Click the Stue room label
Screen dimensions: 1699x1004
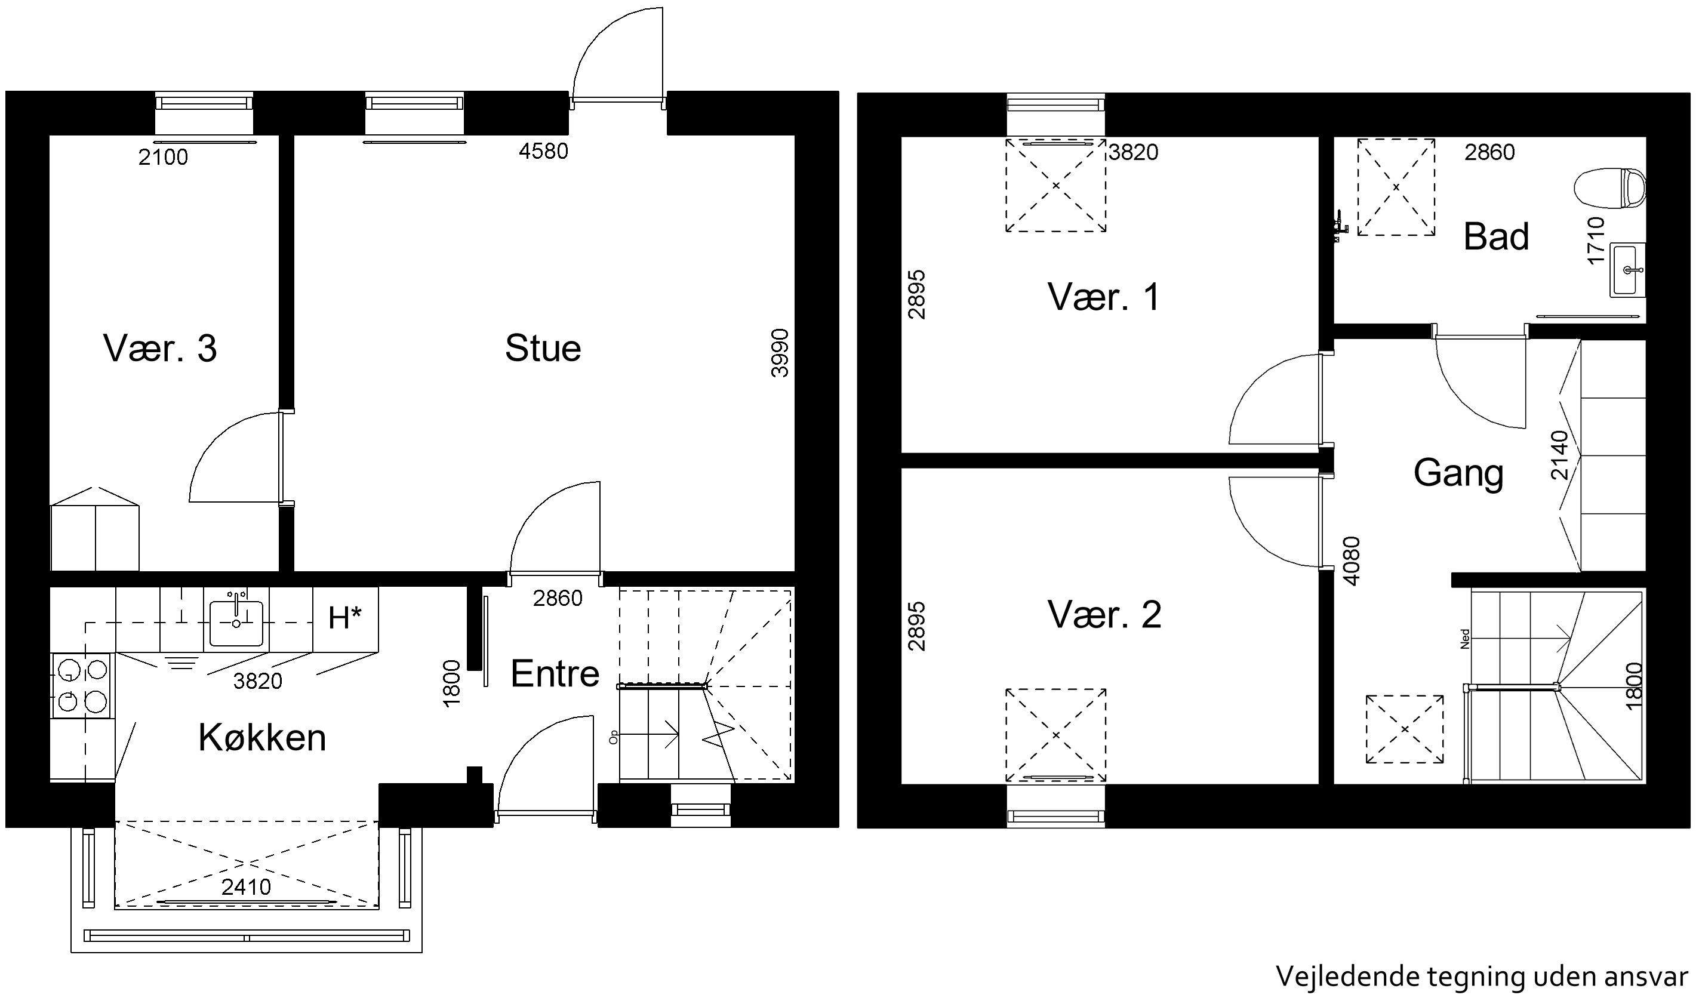point(543,349)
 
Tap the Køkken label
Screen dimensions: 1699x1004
point(262,737)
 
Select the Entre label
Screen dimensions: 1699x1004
point(555,673)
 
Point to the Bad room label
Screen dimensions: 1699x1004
point(1496,236)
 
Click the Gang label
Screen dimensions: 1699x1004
point(1458,473)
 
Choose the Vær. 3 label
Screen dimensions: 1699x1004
point(159,349)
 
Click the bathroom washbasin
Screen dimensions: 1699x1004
point(1627,269)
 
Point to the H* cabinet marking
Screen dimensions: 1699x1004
point(345,618)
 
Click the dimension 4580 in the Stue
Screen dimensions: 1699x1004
point(543,151)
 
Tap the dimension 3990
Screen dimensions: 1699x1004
point(780,353)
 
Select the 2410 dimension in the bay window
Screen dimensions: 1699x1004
point(247,887)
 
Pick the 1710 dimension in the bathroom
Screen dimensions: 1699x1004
point(1596,240)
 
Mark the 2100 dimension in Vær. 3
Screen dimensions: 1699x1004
point(163,158)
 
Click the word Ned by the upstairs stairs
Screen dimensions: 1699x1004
point(1465,639)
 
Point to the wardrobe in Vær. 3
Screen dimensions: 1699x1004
point(96,529)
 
